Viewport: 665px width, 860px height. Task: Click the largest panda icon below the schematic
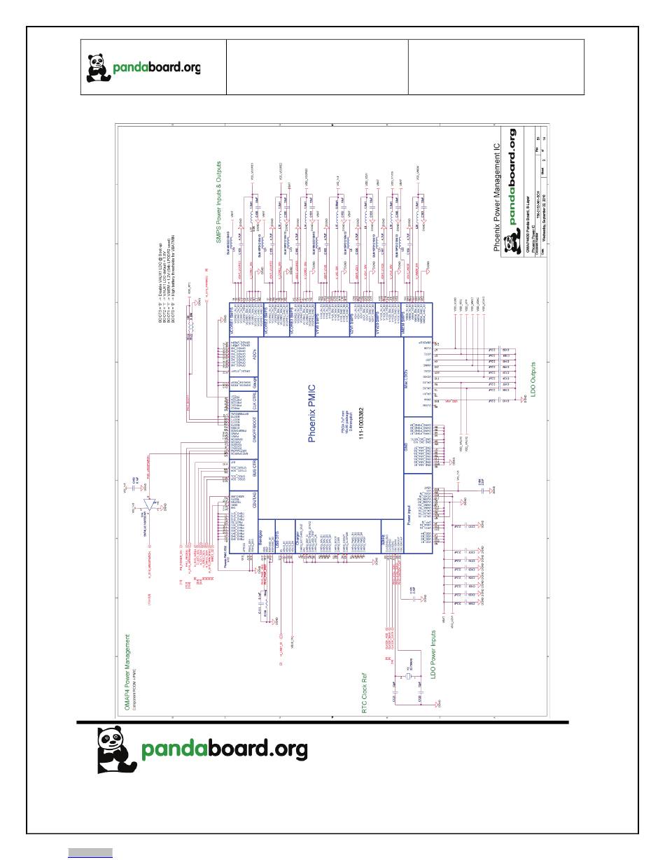(116, 749)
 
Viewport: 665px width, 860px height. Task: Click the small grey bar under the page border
(90, 852)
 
